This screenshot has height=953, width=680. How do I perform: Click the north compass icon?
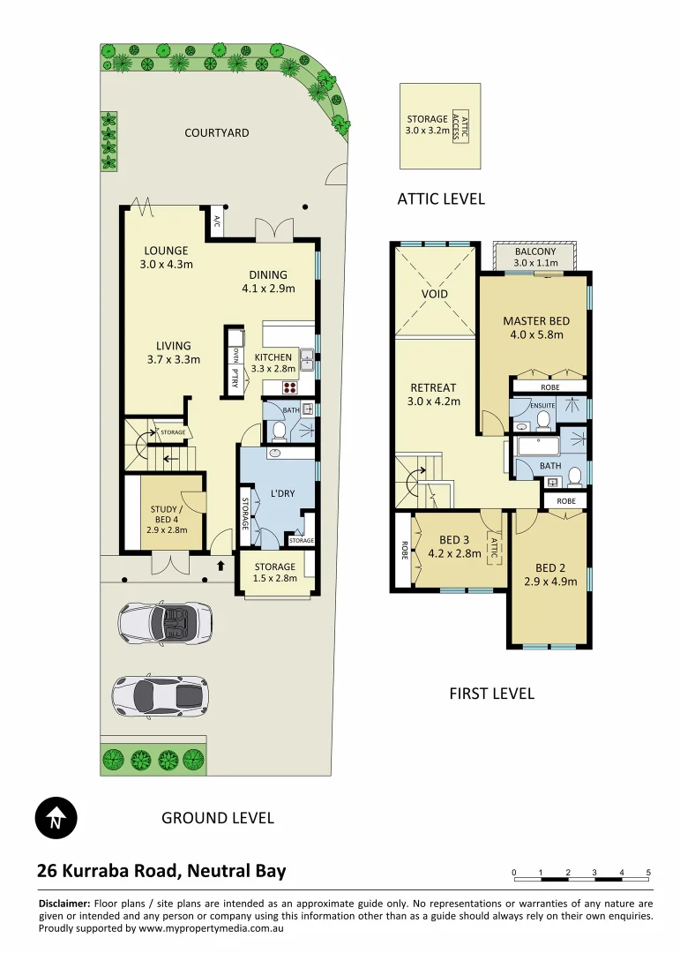coord(56,819)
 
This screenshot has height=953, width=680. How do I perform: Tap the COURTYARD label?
coord(216,133)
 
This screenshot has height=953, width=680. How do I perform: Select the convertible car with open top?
coord(161,623)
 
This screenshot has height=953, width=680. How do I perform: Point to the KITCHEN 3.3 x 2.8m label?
coord(273,363)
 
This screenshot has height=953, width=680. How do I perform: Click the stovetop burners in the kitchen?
coord(289,386)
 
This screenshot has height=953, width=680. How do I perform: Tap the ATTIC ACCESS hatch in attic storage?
coord(459,126)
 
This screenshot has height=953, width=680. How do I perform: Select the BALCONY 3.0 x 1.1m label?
coord(535,257)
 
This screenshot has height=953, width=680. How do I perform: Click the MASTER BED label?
coord(535,327)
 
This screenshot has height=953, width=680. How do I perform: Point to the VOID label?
coord(435,294)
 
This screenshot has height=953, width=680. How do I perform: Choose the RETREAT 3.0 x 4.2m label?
coord(433,394)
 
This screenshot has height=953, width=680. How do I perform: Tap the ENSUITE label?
coord(542,405)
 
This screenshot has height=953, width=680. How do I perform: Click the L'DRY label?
coord(281,493)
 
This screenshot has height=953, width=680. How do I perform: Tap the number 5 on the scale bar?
coord(648,872)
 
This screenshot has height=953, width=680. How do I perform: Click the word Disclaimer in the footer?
coord(64,904)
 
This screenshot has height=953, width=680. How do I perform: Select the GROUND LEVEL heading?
coord(217,818)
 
